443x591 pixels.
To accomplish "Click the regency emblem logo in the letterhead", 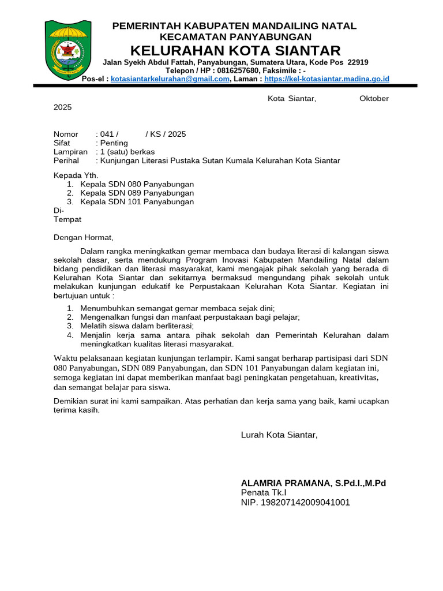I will (68, 50).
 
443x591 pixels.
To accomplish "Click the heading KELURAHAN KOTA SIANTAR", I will (235, 50).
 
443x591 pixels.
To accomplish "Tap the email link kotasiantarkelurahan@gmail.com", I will (170, 79).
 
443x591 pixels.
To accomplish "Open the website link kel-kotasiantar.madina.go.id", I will (327, 79).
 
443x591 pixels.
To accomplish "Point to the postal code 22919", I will (358, 62).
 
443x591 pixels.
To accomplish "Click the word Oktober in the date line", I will (374, 99).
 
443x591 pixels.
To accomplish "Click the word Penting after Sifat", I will (114, 143).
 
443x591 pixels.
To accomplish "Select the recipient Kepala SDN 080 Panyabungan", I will (137, 184).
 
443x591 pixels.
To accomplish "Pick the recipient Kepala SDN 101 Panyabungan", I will (137, 202).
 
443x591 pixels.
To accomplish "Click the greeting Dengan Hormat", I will (84, 237).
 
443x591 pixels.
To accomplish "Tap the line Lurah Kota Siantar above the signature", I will (279, 435).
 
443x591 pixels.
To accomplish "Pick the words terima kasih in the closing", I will (76, 410).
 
